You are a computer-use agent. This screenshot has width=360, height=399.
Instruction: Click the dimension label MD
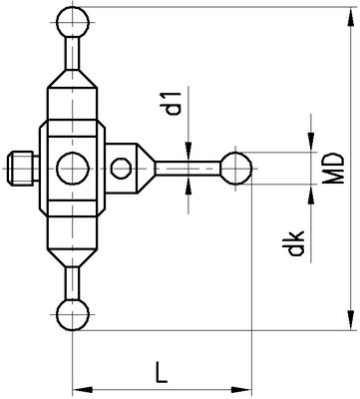click(x=333, y=169)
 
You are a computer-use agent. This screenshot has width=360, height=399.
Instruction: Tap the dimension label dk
click(x=296, y=243)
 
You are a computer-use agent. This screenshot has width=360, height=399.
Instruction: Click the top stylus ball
click(x=73, y=22)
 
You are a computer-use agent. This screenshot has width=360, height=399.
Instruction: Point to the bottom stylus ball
click(x=73, y=314)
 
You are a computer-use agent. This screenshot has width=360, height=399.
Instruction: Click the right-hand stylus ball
click(x=236, y=169)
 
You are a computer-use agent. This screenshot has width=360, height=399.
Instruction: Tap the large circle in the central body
click(x=73, y=169)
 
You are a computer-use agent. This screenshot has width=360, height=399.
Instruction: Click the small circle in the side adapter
click(x=121, y=169)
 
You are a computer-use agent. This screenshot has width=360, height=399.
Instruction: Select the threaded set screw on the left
click(x=23, y=169)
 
